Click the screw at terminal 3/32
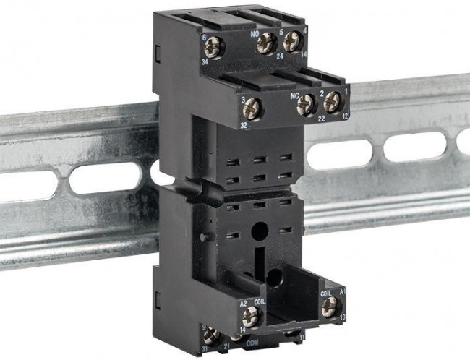[x=253, y=109]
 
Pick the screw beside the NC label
[x=305, y=105]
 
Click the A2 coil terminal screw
[x=252, y=314]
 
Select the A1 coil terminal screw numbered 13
[x=330, y=307]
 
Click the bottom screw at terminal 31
[x=211, y=335]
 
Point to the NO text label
[x=254, y=33]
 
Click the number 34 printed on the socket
[x=206, y=62]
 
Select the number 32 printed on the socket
[x=244, y=124]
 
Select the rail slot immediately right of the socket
[x=339, y=154]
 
